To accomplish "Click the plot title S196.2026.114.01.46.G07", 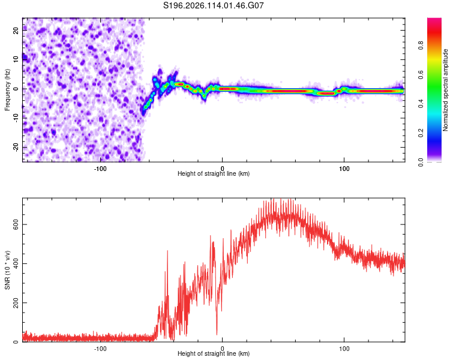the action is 213,5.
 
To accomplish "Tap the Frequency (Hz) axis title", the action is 7,90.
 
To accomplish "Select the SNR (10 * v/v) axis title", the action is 7,270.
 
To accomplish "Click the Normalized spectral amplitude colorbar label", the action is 445,90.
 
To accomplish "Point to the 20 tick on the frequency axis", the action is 16,30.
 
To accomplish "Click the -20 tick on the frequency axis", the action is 16,148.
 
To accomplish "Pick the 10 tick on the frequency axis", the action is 16,59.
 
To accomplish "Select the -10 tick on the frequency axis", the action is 16,118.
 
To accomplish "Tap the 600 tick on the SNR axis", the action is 16,224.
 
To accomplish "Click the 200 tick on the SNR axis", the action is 16,303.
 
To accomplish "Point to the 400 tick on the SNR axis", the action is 16,263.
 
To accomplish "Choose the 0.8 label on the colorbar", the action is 421,46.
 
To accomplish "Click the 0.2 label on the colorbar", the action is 421,133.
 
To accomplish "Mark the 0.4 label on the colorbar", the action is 421,104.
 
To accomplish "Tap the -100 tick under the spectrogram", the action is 100,169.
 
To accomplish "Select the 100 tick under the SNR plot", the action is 344,349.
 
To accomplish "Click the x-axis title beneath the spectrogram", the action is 214,173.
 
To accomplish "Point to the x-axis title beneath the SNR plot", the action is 214,353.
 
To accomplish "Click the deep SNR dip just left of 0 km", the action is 217,334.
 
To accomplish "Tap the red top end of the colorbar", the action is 434,20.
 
